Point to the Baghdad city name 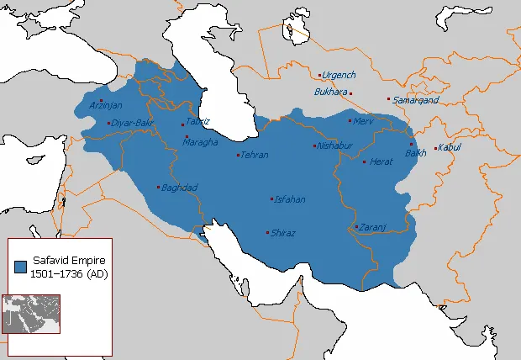(178, 187)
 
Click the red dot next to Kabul (434, 150)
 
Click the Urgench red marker (319, 74)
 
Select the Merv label (363, 121)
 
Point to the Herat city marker (364, 161)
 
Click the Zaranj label (371, 227)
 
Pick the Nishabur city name (334, 146)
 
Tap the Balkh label (415, 153)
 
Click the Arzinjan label (106, 105)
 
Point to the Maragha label (199, 142)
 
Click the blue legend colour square (20, 267)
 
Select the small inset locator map (31, 313)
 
